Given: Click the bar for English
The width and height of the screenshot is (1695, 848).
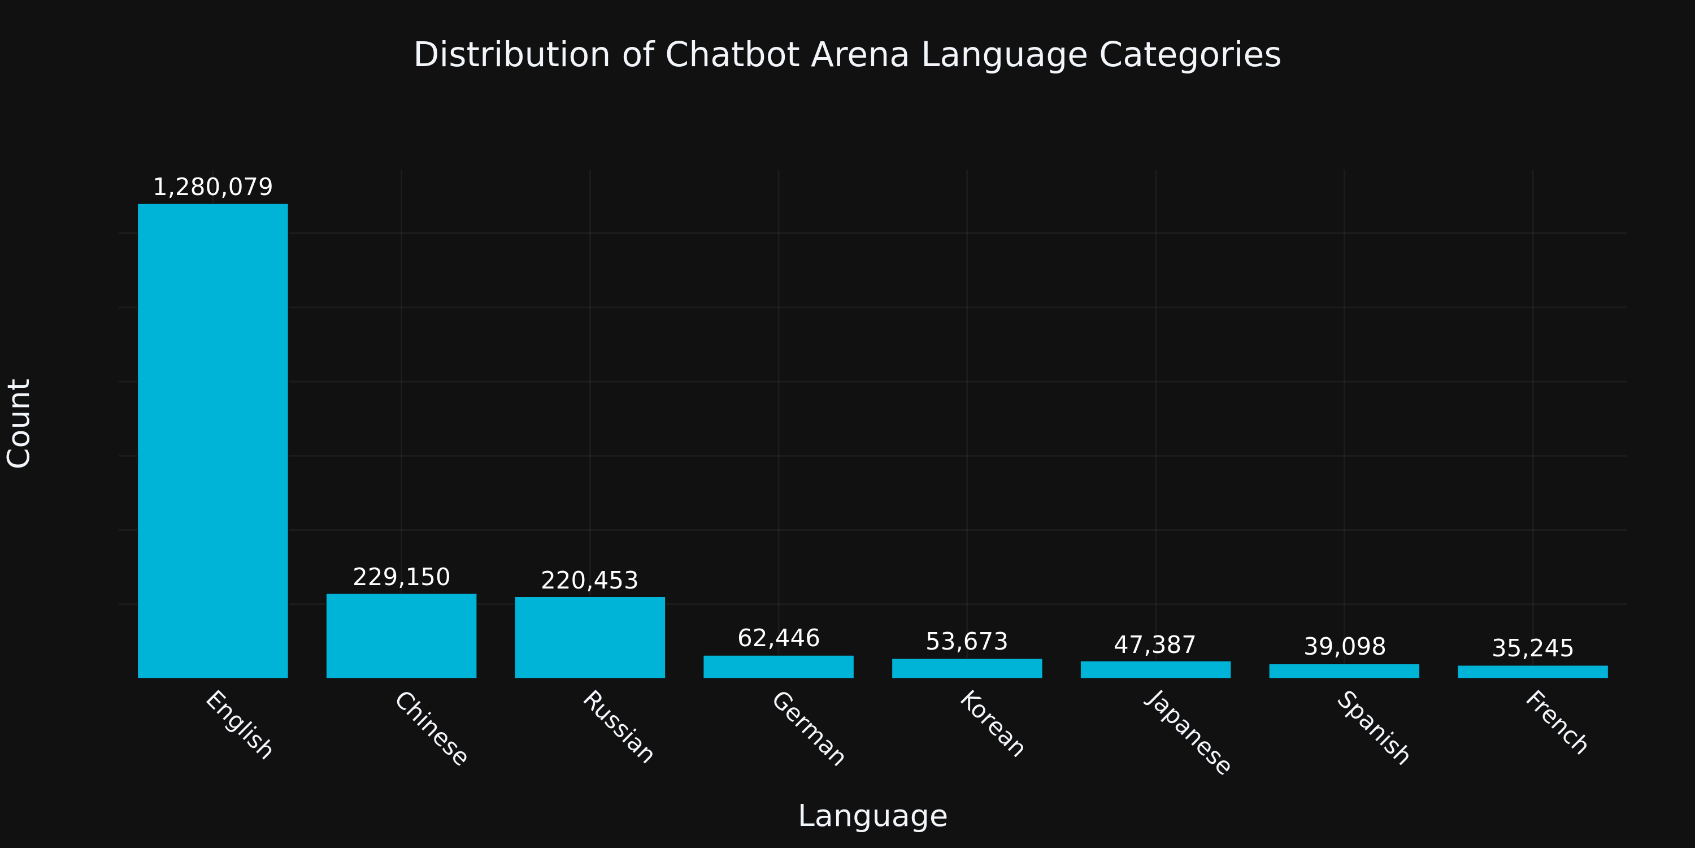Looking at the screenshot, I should click(212, 440).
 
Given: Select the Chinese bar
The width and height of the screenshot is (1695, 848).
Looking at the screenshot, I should click(401, 635).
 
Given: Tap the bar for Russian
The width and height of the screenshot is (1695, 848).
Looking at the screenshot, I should click(589, 637).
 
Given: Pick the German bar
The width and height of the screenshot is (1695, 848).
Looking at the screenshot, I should click(779, 667).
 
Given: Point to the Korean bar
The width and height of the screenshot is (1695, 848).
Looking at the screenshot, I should click(967, 668).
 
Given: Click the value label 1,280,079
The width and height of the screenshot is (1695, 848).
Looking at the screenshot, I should click(212, 187).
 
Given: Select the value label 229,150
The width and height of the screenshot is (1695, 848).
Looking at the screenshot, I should click(401, 577).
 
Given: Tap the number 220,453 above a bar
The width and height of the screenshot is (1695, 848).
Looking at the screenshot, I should click(589, 581).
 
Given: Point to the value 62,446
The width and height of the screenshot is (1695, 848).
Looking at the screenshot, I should click(779, 638).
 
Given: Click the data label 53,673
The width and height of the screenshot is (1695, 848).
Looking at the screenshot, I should click(967, 641).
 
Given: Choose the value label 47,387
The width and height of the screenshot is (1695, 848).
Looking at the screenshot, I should click(1155, 644).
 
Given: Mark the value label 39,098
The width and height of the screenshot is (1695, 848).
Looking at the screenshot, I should click(1344, 647).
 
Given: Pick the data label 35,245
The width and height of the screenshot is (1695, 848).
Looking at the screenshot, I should click(1532, 648).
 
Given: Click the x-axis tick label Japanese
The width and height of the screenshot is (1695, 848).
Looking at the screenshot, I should click(1187, 732).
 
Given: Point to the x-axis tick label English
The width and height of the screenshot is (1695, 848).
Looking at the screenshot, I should click(239, 725).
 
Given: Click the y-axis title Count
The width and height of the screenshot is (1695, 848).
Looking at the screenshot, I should click(19, 423).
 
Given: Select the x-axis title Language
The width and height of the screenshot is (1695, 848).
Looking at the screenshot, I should click(872, 816).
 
